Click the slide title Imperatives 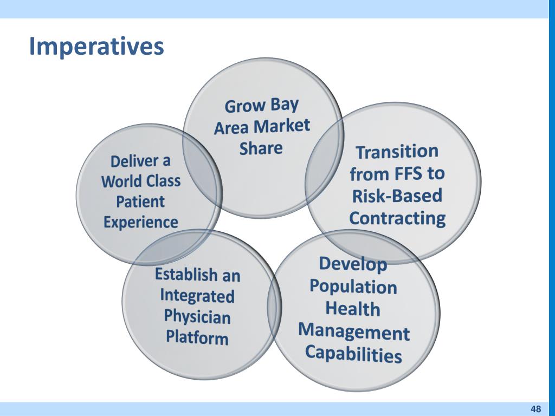[x=96, y=47]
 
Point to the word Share [x=261, y=148]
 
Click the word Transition [x=397, y=152]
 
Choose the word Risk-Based [x=397, y=196]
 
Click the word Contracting [x=397, y=218]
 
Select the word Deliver [x=133, y=161]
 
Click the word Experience [x=140, y=222]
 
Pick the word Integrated [x=197, y=295]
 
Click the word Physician [x=197, y=316]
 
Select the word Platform [x=197, y=337]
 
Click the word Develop [x=353, y=264]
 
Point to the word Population [x=353, y=286]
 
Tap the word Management [x=354, y=331]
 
